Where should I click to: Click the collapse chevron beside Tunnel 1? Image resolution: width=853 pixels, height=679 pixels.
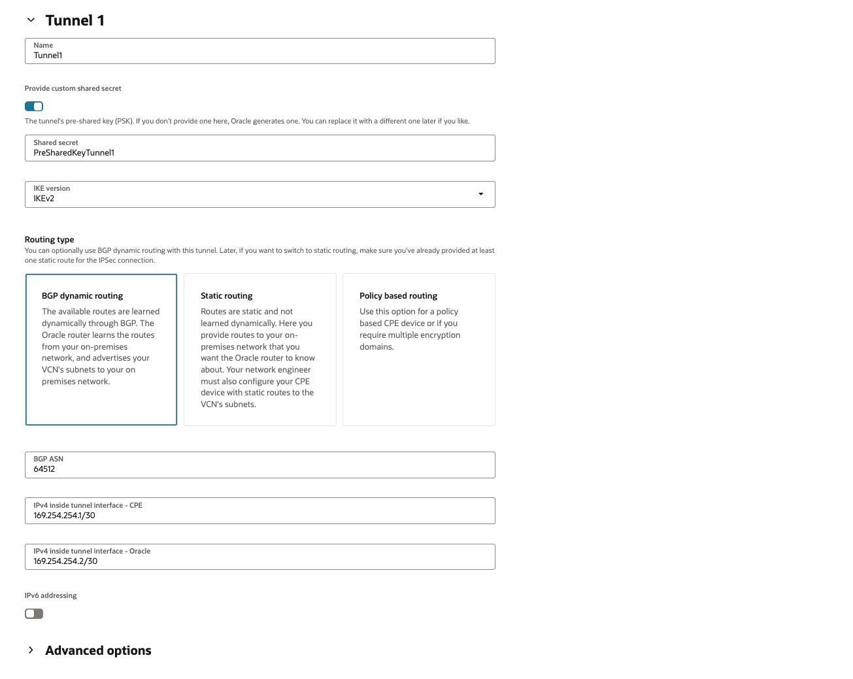pyautogui.click(x=31, y=20)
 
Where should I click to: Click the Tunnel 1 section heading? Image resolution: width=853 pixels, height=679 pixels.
pyautogui.click(x=75, y=20)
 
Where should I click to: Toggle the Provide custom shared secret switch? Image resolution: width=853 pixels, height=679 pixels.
pyautogui.click(x=34, y=107)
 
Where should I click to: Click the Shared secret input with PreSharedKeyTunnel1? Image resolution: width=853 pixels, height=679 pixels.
pyautogui.click(x=259, y=152)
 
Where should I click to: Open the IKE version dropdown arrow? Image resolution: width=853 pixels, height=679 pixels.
pyautogui.click(x=481, y=194)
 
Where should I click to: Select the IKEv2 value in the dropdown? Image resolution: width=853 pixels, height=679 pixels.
pyautogui.click(x=44, y=199)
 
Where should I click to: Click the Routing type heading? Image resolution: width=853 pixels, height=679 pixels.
pyautogui.click(x=50, y=240)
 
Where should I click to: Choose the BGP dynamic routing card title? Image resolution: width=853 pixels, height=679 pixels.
pyautogui.click(x=82, y=296)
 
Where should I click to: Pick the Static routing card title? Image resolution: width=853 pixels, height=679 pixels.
pyautogui.click(x=227, y=296)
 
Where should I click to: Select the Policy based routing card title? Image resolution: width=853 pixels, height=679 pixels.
pyautogui.click(x=398, y=296)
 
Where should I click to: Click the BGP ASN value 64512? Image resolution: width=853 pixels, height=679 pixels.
pyautogui.click(x=44, y=469)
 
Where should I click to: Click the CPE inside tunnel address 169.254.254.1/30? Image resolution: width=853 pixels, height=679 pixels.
pyautogui.click(x=65, y=516)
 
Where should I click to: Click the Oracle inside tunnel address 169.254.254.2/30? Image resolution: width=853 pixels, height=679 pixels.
pyautogui.click(x=65, y=561)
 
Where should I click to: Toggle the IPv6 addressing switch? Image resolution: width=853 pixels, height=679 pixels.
pyautogui.click(x=34, y=614)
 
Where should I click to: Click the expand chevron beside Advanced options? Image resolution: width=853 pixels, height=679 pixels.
pyautogui.click(x=31, y=650)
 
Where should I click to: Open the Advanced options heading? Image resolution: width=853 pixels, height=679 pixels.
pyautogui.click(x=98, y=650)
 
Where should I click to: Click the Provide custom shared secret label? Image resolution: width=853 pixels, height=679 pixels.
pyautogui.click(x=73, y=89)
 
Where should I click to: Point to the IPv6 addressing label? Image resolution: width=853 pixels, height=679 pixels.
pyautogui.click(x=51, y=596)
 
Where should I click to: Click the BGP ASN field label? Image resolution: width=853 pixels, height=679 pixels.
pyautogui.click(x=48, y=459)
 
